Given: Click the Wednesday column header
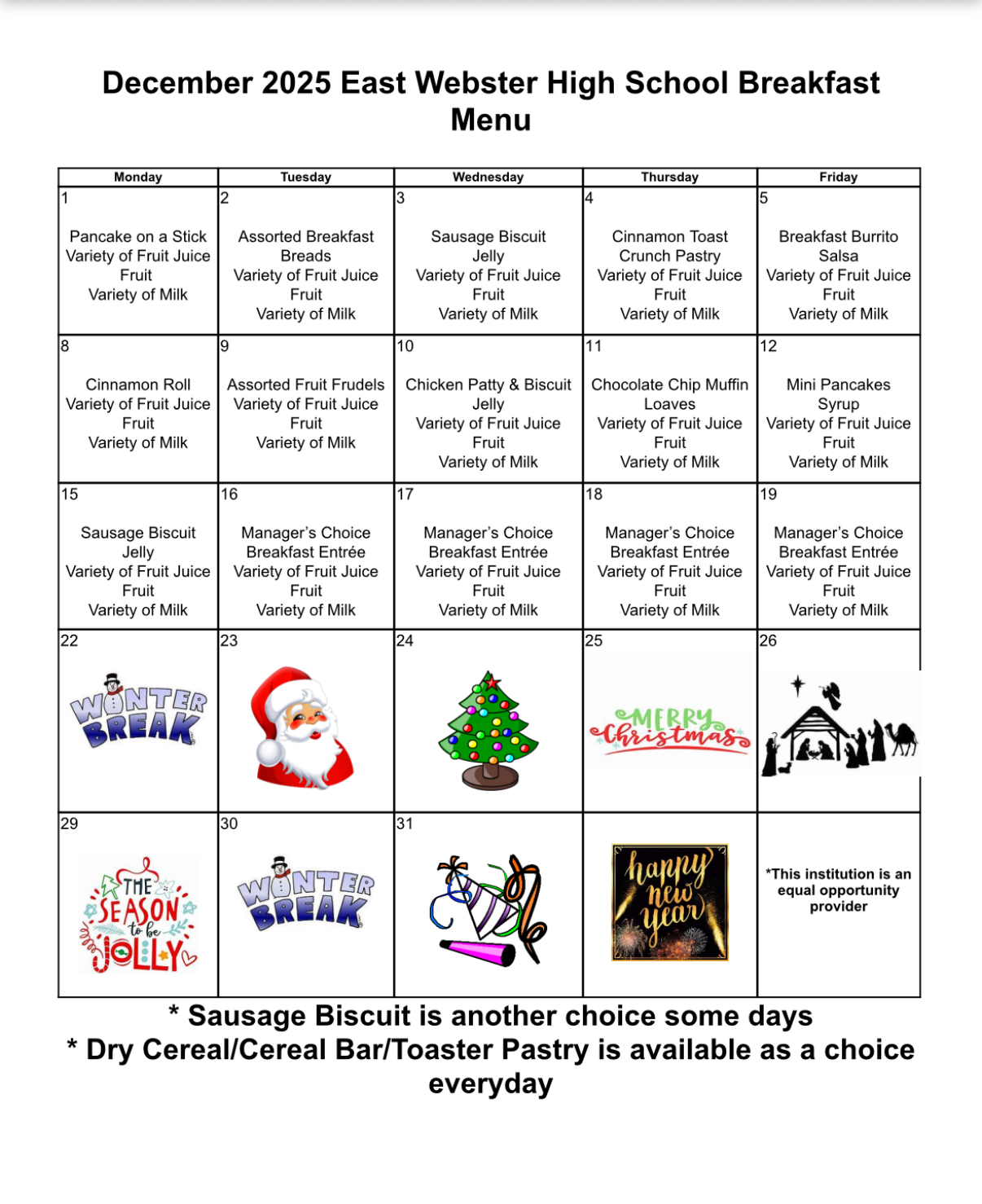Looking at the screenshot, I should tap(488, 177).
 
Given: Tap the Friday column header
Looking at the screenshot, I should tap(838, 177).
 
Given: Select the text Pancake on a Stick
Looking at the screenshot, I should tap(138, 236).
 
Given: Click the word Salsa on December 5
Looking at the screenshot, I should tap(838, 256).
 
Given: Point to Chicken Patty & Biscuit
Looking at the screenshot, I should tap(488, 384).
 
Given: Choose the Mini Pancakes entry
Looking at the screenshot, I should tap(838, 384).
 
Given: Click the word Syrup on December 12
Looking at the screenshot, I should tap(838, 404).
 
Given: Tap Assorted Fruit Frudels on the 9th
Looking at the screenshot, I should tap(305, 384).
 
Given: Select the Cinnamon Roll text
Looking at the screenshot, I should tap(138, 384).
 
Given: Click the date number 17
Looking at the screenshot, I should tap(405, 494).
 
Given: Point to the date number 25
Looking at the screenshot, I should tap(594, 641).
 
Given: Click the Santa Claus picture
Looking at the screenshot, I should tap(303, 727).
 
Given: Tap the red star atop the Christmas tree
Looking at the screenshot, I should tap(491, 681).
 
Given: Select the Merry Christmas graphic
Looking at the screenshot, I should tap(669, 728).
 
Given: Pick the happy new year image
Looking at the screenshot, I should tap(669, 902).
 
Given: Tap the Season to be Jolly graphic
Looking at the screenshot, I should tap(139, 915).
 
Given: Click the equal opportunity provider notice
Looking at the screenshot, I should tap(838, 890).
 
